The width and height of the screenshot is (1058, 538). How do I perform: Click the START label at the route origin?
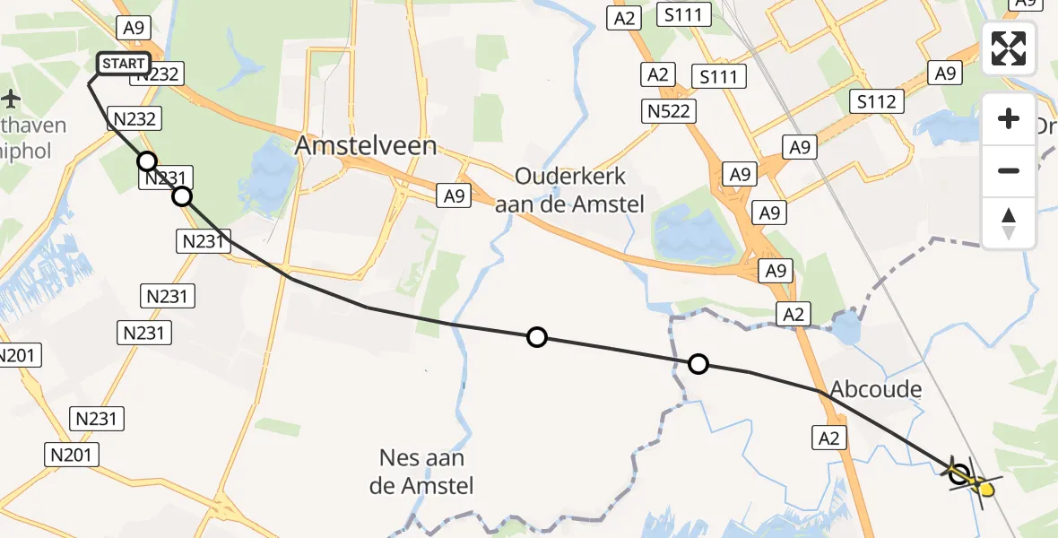(123, 64)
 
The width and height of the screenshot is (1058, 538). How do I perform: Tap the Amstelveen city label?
(366, 146)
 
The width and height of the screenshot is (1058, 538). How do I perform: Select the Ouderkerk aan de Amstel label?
(570, 190)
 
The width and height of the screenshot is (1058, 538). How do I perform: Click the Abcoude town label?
(875, 389)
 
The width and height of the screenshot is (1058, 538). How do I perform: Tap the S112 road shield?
(876, 101)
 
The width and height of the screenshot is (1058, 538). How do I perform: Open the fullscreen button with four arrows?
(1009, 48)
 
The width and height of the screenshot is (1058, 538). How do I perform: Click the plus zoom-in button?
(1009, 118)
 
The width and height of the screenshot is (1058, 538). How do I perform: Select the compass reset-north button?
(1009, 222)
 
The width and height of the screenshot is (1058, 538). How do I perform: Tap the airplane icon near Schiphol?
(11, 97)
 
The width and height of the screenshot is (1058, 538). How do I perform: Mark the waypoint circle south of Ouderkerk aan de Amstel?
(536, 337)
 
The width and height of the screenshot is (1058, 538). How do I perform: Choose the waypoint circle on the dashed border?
(698, 364)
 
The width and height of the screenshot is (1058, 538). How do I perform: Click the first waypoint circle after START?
(145, 161)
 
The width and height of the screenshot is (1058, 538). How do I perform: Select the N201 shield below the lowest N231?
(73, 456)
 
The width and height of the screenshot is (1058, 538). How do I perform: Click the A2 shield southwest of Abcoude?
(829, 437)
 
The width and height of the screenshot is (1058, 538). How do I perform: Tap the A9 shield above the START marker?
(134, 28)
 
